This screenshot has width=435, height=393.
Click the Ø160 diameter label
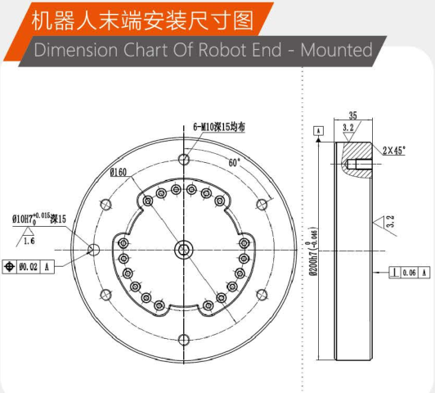pos(119,173)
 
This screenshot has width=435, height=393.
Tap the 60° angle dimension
pos(234,162)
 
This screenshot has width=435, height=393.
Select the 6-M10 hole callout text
pos(219,127)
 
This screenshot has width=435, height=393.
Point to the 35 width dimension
pos(352,115)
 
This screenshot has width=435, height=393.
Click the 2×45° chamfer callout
pos(394,151)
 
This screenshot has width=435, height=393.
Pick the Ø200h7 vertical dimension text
pos(314,251)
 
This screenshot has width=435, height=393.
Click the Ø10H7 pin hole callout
pos(39,219)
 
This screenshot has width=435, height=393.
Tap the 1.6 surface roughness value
pos(29,241)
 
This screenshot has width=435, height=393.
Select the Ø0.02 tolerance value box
pos(29,267)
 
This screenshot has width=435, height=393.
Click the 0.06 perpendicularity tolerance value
pos(409,273)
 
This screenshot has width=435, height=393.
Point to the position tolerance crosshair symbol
pos(10,267)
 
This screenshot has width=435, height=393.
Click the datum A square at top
pos(319,131)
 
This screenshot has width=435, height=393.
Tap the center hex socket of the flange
pos(183,250)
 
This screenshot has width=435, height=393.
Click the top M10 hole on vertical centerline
pos(184,160)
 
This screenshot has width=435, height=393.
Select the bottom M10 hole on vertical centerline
pos(184,340)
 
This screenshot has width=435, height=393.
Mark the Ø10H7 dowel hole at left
pos(94,250)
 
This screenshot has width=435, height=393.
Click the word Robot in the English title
pos(222,50)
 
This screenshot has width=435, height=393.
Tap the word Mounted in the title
pos(336,50)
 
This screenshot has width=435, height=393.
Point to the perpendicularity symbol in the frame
pos(395,273)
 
